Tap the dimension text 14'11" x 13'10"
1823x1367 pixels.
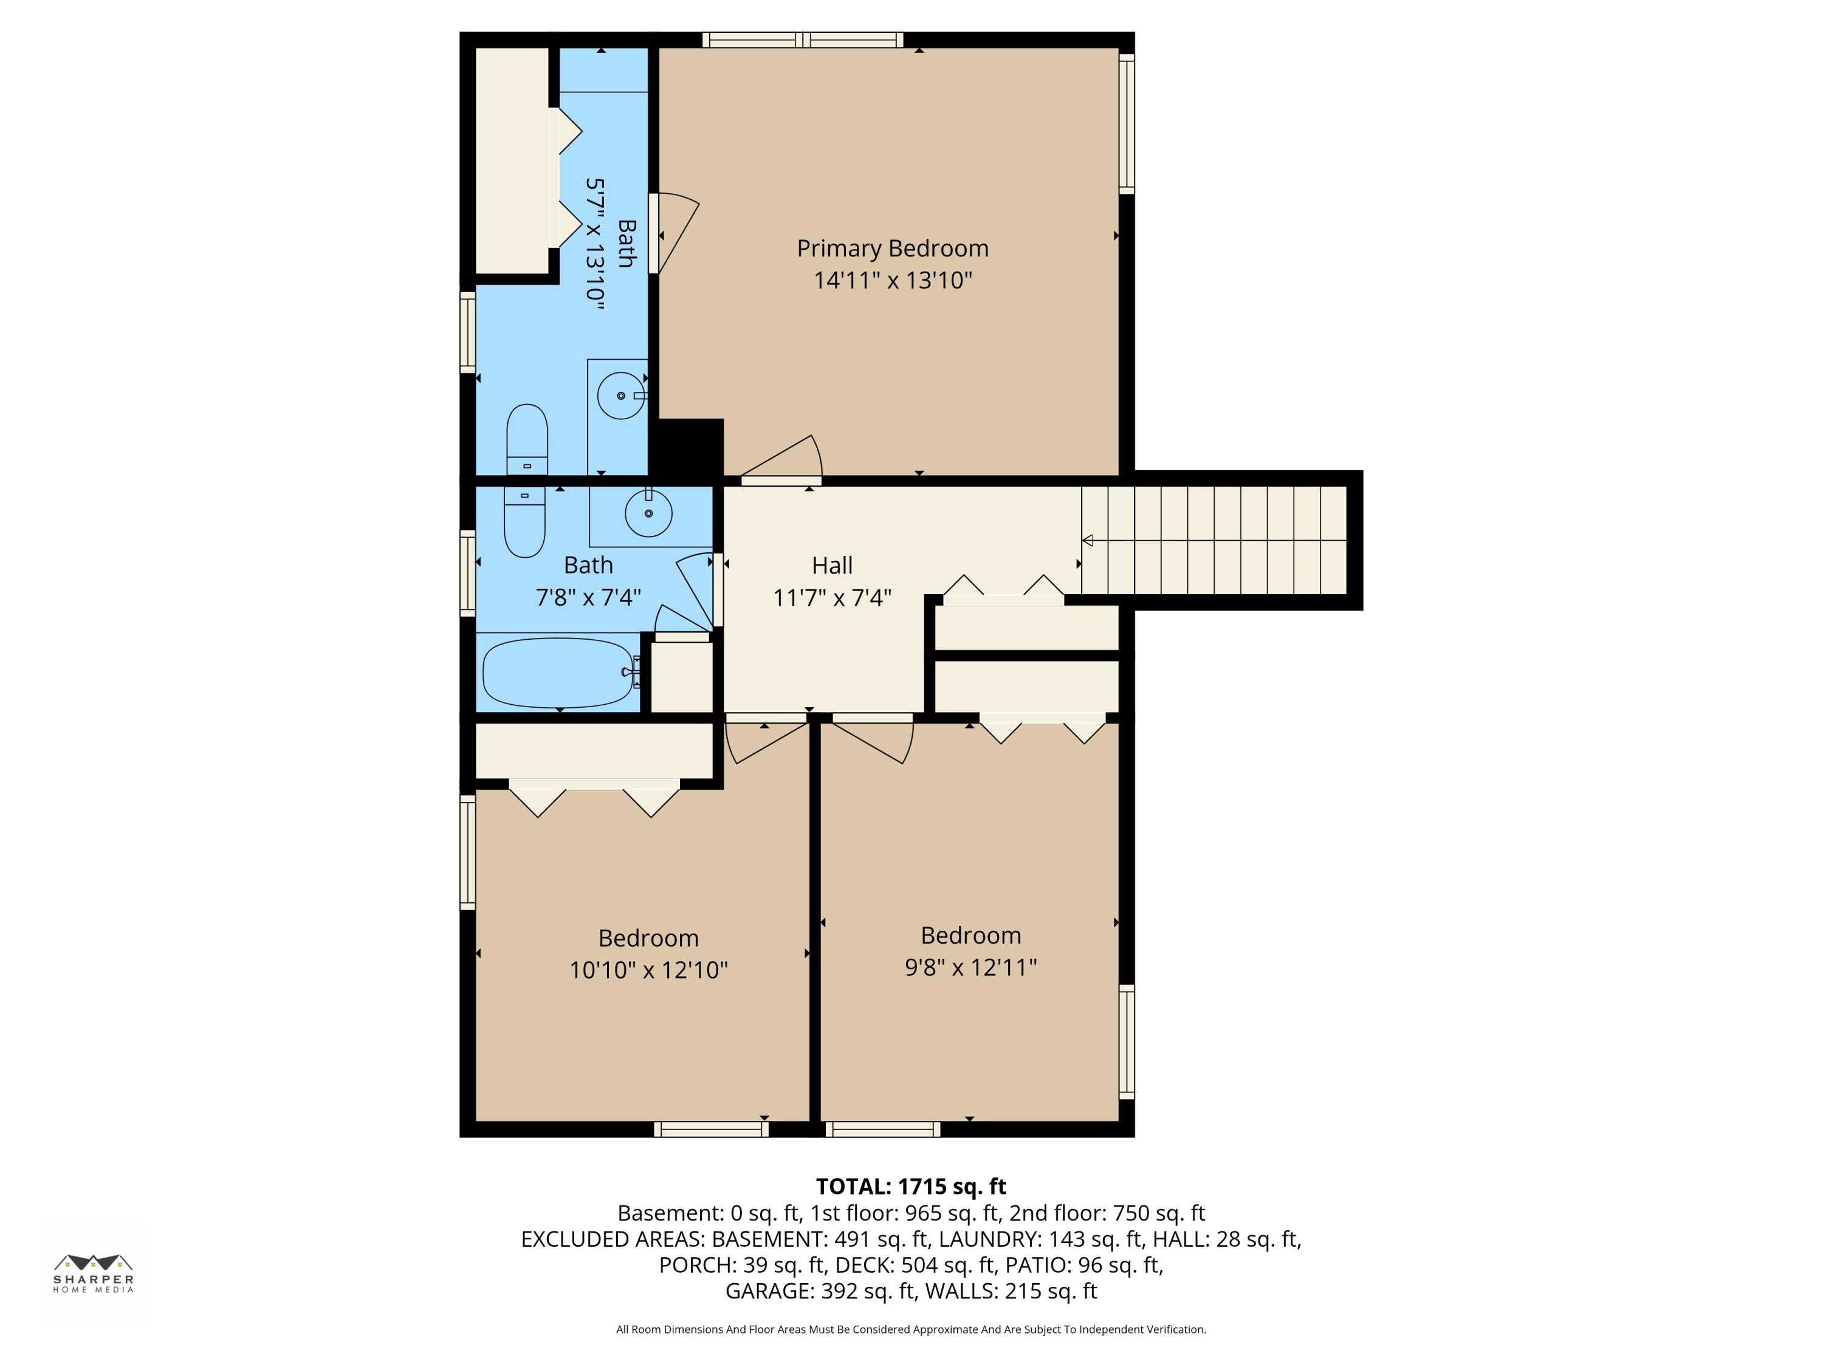coord(893,280)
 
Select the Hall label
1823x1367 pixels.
coord(831,565)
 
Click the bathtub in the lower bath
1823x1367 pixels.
coord(558,673)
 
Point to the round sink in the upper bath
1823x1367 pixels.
coord(620,396)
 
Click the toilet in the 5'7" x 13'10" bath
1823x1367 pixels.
coord(527,439)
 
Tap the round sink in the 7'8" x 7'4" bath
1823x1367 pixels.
coord(648,513)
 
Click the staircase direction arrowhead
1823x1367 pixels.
coord(1088,541)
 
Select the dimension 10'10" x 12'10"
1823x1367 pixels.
coord(648,970)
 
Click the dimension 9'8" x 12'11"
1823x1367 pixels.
coord(970,967)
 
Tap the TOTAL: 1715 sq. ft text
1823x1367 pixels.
coord(911,1186)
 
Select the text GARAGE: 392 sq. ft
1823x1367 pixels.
coord(819,1290)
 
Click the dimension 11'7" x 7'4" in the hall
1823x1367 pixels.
coord(831,597)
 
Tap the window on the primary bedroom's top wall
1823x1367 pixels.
coord(803,39)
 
